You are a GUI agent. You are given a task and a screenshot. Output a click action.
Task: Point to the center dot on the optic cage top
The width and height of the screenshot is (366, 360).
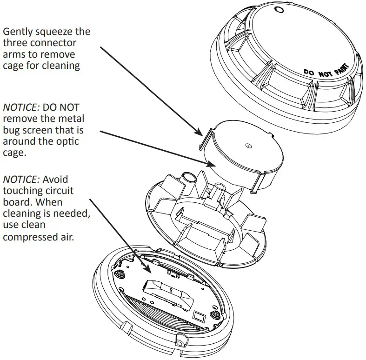[248, 146]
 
